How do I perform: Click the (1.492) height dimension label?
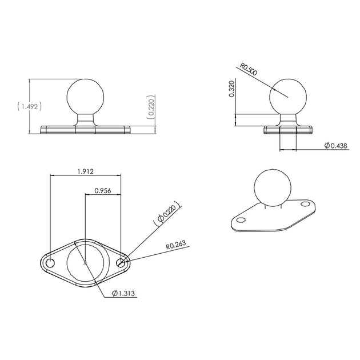click(x=30, y=106)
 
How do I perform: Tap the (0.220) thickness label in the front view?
click(x=151, y=107)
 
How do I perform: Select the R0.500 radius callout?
click(x=249, y=69)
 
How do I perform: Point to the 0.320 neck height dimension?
click(x=232, y=89)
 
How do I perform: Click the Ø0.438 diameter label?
click(x=335, y=146)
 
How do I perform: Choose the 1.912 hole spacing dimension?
click(x=85, y=171)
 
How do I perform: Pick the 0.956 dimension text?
click(x=103, y=190)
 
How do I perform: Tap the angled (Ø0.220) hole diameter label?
click(x=167, y=213)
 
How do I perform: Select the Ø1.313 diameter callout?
click(x=123, y=293)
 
